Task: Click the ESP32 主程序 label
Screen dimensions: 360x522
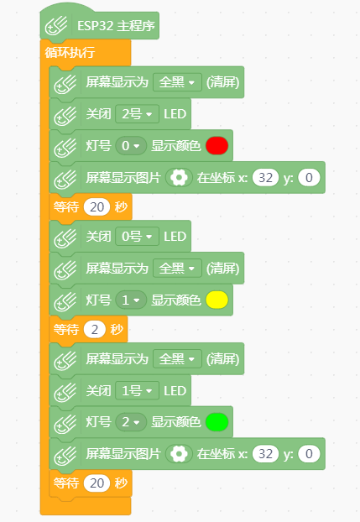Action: pos(116,26)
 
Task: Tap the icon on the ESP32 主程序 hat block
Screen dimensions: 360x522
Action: pos(56,26)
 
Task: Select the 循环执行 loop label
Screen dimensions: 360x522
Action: pos(70,52)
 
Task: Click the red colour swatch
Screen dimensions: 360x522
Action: pos(217,145)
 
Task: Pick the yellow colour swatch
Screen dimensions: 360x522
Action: pos(217,300)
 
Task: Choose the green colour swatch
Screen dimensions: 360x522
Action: pos(217,422)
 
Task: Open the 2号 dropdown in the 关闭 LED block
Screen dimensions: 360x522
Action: pos(138,114)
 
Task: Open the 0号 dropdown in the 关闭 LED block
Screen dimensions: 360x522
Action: pos(138,237)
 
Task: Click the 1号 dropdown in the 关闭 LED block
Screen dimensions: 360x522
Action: pos(138,390)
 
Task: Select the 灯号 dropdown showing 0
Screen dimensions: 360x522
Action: pos(131,145)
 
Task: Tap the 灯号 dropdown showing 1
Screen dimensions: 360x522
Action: pos(131,300)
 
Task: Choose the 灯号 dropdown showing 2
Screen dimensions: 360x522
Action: pos(131,422)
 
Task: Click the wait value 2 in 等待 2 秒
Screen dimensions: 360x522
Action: pos(95,329)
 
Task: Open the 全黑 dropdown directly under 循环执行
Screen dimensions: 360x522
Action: pos(177,82)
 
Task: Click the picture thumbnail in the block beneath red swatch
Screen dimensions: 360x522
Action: pos(179,177)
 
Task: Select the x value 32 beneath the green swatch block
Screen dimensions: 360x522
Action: pos(265,454)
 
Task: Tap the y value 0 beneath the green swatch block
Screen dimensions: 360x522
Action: pos(309,454)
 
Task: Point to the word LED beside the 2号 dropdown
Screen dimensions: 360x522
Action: pos(175,114)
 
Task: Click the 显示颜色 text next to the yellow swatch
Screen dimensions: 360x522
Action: pos(176,300)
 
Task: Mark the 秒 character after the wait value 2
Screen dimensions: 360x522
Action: pos(117,329)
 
